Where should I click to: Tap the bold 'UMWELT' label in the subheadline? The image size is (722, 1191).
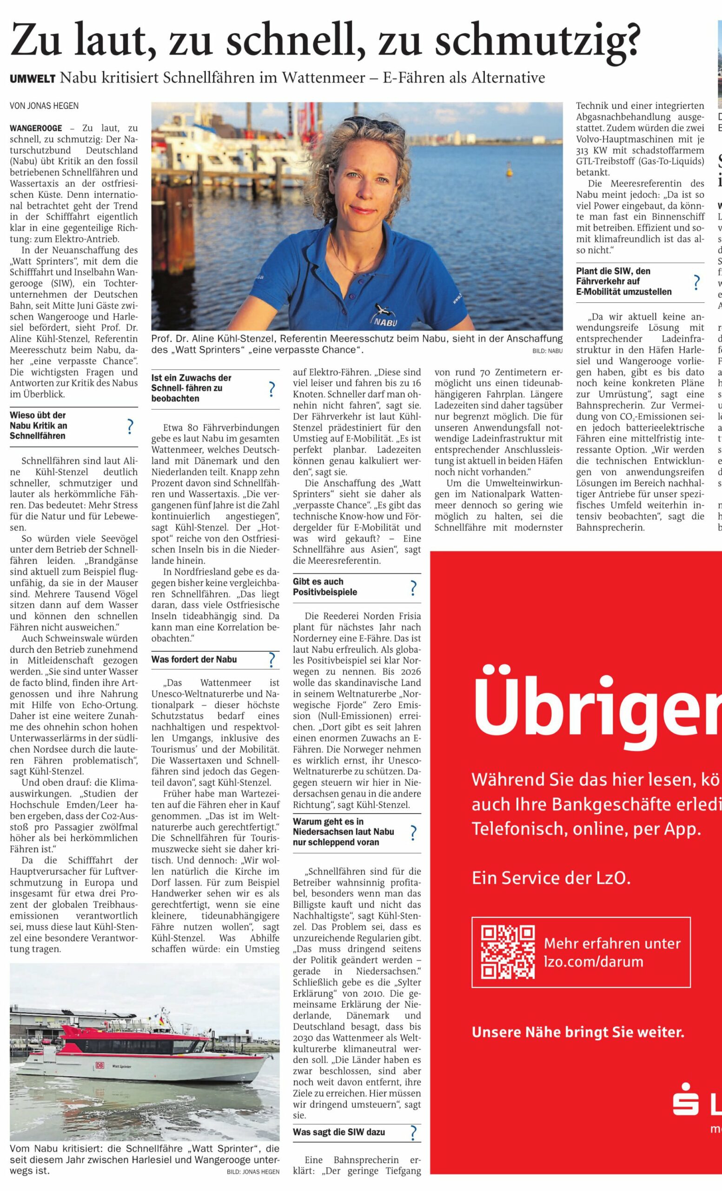[33, 79]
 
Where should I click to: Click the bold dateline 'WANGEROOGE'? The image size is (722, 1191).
[36, 128]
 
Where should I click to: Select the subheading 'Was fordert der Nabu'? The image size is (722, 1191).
[194, 659]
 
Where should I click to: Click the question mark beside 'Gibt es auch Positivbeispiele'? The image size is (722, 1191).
[413, 588]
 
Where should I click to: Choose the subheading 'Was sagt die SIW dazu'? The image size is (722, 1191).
[338, 1132]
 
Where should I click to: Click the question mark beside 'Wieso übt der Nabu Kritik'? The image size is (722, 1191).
[129, 426]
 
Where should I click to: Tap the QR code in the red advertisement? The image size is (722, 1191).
[508, 952]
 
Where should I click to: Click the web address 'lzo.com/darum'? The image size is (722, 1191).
[594, 961]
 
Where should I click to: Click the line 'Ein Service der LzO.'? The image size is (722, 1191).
[551, 877]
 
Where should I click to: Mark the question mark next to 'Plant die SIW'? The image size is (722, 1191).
[696, 282]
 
